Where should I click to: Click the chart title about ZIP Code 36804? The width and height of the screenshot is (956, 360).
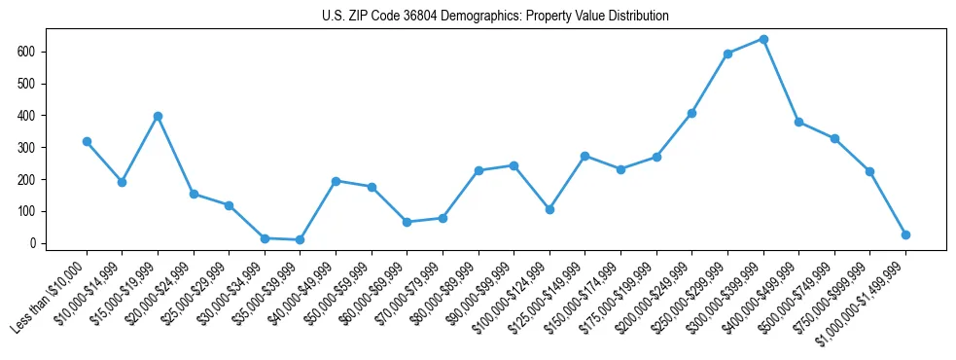click(495, 16)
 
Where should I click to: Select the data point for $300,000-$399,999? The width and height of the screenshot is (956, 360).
click(763, 39)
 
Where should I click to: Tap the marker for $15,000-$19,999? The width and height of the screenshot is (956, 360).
click(158, 116)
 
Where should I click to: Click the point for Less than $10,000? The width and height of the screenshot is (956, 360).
click(87, 141)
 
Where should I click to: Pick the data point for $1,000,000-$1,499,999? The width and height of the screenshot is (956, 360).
click(905, 234)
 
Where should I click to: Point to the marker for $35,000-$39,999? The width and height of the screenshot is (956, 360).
click(300, 239)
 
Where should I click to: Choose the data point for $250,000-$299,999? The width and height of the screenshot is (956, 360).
click(727, 54)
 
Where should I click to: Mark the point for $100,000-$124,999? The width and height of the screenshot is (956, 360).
click(549, 209)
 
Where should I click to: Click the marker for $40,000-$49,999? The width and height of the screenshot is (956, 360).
click(336, 181)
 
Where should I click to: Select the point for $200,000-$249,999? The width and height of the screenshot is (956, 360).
click(691, 113)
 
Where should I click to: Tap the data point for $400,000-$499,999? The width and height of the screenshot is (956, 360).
click(798, 122)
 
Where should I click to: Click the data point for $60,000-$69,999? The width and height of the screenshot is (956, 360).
click(407, 222)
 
